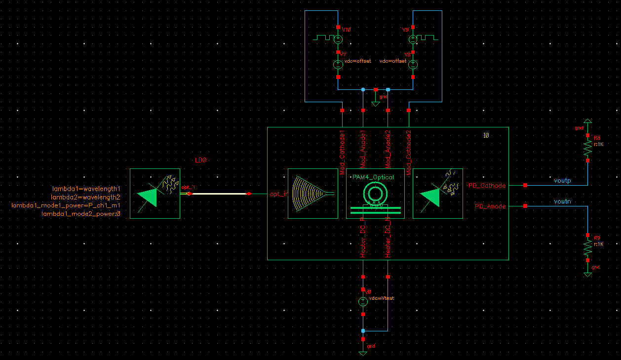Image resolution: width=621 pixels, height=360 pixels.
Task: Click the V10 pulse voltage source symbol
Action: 338,39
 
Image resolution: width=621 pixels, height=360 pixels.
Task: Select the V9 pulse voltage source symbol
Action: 413,39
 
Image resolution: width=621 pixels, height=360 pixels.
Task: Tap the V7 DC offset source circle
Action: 338,64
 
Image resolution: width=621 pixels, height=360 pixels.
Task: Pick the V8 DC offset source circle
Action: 413,64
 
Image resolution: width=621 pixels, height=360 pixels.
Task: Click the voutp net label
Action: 562,181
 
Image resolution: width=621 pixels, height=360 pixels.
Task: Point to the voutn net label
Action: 562,201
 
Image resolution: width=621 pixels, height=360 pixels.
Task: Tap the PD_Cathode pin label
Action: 487,186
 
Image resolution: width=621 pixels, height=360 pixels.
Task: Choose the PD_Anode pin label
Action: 490,206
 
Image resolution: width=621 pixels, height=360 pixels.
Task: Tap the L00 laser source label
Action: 200,160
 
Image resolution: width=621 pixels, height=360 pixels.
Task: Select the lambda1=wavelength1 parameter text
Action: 86,189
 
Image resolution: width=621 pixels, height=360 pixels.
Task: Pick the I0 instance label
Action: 486,135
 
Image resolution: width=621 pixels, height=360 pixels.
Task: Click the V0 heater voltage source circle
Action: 363,301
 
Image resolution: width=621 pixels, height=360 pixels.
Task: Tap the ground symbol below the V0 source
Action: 363,353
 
